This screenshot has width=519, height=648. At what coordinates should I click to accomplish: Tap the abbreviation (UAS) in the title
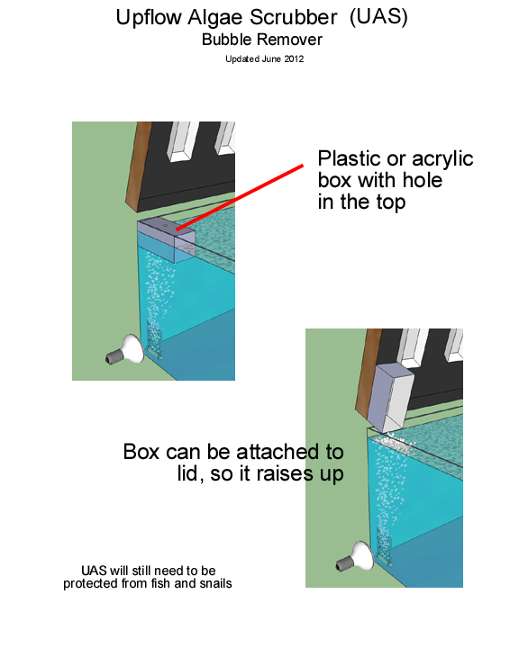pos(378,17)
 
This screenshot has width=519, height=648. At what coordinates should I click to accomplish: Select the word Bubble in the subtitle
pos(226,40)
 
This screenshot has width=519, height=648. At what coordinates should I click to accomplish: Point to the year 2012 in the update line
pos(294,59)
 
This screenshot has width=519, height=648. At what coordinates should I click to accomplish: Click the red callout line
pos(239,197)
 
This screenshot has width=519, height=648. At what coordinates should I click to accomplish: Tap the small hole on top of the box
pos(165,226)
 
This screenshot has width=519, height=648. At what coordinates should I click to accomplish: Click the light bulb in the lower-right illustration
pos(356,557)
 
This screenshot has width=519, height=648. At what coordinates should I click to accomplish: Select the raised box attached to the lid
pos(390,397)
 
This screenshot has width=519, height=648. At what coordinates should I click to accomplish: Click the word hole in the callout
pos(423,180)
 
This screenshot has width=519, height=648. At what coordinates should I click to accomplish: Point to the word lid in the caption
pos(190,473)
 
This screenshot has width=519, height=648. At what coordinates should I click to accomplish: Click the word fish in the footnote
pos(160,583)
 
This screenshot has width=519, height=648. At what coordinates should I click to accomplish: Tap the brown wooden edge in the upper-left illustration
pos(139,166)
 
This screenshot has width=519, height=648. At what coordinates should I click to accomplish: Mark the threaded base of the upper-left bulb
pos(113,356)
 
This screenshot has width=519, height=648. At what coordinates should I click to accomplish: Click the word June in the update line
pos(271,59)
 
